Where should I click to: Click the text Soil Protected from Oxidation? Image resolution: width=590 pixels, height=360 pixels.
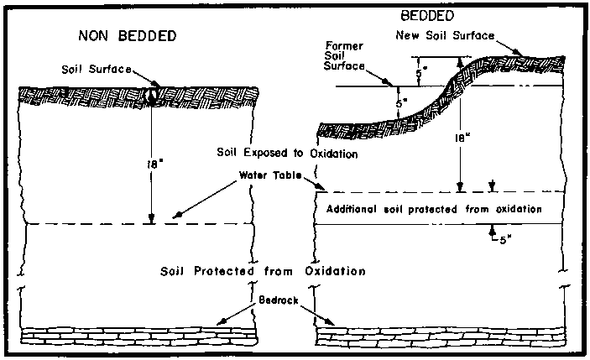tap(264, 271)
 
